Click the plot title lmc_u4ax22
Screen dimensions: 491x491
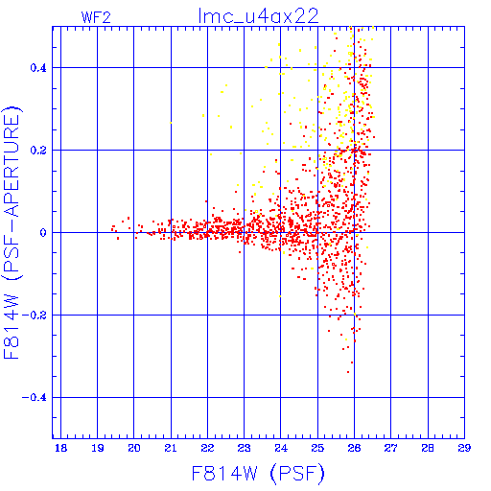click(258, 16)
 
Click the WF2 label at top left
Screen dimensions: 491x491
click(96, 17)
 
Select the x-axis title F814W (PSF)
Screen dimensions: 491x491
click(258, 474)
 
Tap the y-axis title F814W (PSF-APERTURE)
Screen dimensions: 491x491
click(12, 232)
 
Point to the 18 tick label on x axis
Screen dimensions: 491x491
click(60, 448)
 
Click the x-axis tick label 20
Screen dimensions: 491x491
click(134, 448)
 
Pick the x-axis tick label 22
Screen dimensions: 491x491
click(207, 448)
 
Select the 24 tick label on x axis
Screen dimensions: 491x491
click(281, 448)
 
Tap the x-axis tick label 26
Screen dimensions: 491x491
click(354, 448)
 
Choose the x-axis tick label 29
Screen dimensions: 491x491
click(464, 448)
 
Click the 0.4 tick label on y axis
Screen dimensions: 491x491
click(38, 68)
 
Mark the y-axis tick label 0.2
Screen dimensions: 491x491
click(38, 151)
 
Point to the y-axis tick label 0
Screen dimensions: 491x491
click(43, 233)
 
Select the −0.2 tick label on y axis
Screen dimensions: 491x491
click(34, 316)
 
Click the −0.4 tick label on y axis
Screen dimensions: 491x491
click(34, 398)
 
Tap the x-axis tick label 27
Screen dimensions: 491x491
click(390, 448)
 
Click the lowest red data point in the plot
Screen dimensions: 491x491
click(348, 372)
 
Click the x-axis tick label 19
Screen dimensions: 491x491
click(98, 448)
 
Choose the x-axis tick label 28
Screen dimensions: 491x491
click(428, 448)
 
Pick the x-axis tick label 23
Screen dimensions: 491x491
click(244, 448)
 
